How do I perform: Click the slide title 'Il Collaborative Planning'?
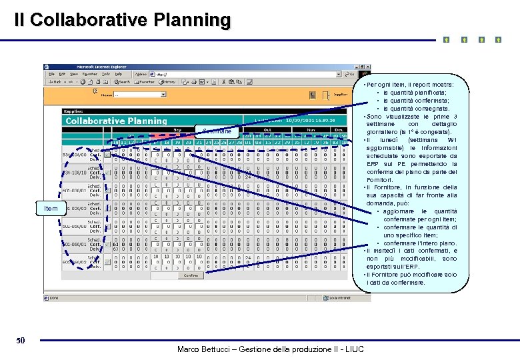(x=123, y=20)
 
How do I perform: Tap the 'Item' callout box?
(x=51, y=209)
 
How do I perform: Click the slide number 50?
(x=21, y=341)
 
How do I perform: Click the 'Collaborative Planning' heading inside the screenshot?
(x=116, y=121)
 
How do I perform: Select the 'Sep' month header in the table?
(x=178, y=130)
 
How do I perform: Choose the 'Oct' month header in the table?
(x=267, y=130)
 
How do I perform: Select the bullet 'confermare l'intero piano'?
(x=420, y=243)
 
